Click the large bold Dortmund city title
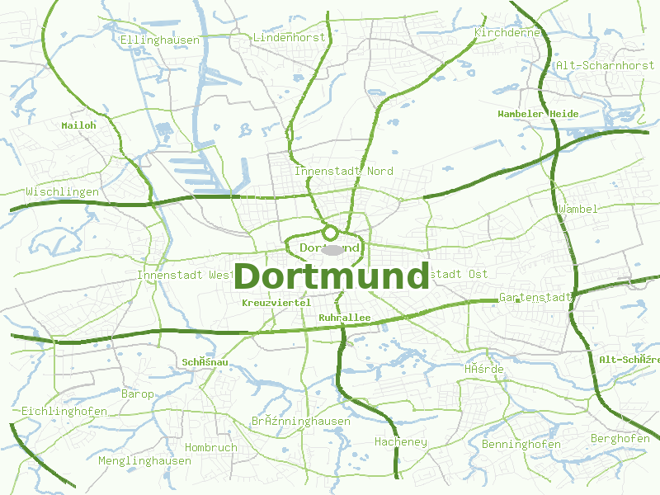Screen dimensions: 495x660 click(x=332, y=276)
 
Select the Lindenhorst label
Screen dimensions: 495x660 click(x=290, y=38)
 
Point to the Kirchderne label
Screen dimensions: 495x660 click(x=507, y=32)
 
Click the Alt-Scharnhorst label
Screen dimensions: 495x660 click(x=605, y=65)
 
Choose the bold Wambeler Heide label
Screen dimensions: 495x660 click(x=538, y=114)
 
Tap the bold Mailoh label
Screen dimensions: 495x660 click(x=79, y=125)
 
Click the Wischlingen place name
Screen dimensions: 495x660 click(x=62, y=192)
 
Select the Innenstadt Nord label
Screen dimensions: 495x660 click(x=344, y=171)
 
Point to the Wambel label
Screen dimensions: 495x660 click(x=577, y=209)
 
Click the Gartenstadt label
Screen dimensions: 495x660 click(x=536, y=297)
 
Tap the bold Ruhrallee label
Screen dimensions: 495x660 click(x=344, y=318)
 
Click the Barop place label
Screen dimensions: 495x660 click(x=137, y=394)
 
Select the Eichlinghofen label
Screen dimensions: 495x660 click(x=64, y=411)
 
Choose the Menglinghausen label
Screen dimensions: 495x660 click(x=144, y=460)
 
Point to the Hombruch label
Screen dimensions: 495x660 click(x=210, y=447)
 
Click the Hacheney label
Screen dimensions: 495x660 click(x=401, y=442)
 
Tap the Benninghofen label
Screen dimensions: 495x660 click(x=521, y=445)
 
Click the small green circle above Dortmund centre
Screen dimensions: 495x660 click(x=331, y=233)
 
